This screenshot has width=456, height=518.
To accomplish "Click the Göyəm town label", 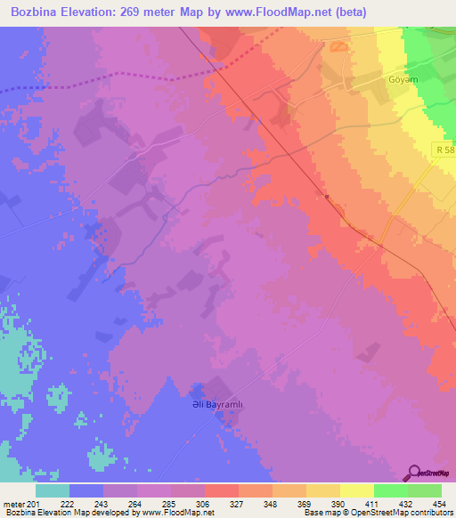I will [403, 77].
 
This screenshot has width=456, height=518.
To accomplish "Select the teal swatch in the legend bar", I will [52, 490].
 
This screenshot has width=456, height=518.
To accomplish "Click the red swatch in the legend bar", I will [221, 490].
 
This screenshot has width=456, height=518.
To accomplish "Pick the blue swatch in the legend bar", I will [85, 490].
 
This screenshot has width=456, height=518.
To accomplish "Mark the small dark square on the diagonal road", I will [327, 197].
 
